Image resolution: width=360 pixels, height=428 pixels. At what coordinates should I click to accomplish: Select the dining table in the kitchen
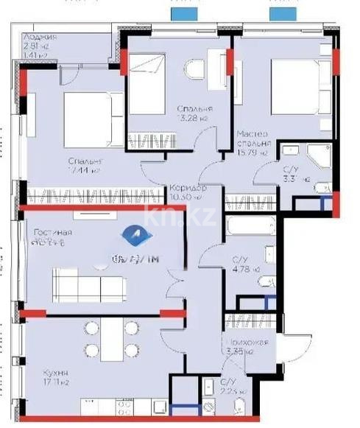pos(111,339)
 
